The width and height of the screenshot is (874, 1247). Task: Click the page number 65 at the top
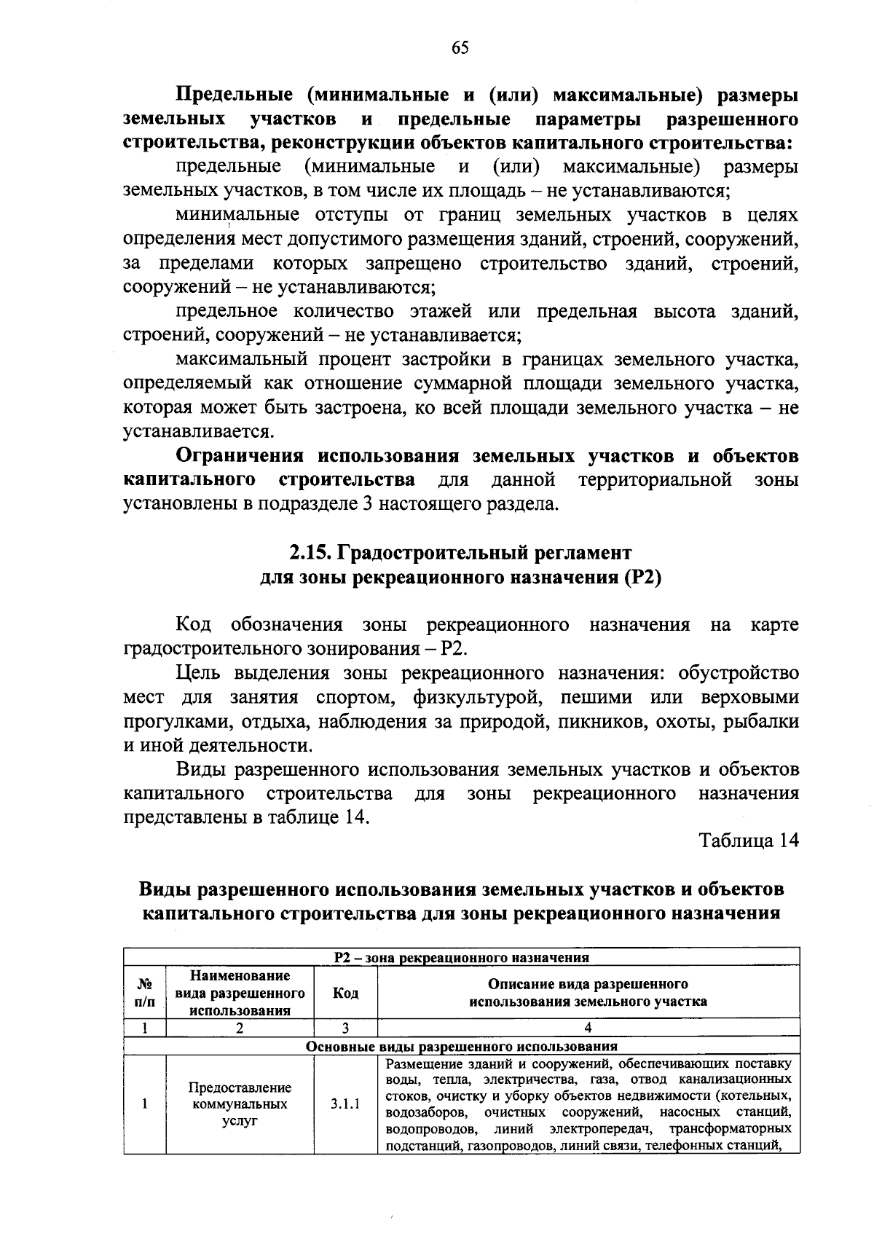click(460, 48)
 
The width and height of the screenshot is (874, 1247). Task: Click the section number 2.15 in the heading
click(308, 553)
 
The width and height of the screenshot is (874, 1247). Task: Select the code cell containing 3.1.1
click(345, 1104)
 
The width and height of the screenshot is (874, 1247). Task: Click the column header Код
click(345, 992)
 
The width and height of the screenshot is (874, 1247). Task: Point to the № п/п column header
click(145, 992)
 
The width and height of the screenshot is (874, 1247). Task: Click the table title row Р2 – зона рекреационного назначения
click(461, 957)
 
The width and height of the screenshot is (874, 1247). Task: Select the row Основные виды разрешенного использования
click(461, 1046)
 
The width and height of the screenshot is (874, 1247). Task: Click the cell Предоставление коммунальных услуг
click(240, 1104)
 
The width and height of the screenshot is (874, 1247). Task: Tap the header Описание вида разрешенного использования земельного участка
click(588, 992)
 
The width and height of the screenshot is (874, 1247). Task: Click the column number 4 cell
click(588, 1028)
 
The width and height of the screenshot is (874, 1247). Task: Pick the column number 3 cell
click(345, 1028)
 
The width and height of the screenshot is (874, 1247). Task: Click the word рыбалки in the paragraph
click(769, 721)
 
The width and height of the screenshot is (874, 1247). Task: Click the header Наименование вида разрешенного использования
click(240, 992)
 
